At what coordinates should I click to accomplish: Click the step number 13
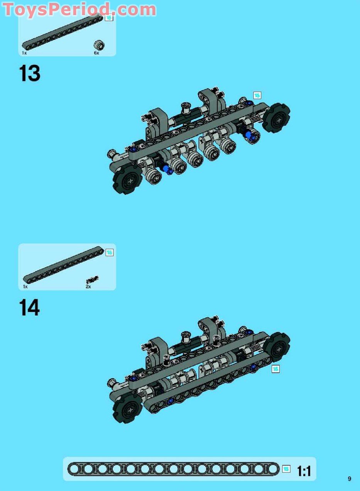[30, 73]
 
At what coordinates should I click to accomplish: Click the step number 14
[29, 308]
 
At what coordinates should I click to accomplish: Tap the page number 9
[349, 479]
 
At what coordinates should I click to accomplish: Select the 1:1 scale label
[304, 471]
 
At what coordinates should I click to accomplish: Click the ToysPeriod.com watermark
[79, 9]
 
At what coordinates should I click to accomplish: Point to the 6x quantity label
[96, 53]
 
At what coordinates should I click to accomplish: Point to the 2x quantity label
[88, 287]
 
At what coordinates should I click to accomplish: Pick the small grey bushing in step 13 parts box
[100, 45]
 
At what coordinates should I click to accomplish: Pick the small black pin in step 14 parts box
[93, 279]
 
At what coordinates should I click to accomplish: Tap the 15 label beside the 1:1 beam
[286, 469]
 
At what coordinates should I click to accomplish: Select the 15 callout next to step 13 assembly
[257, 95]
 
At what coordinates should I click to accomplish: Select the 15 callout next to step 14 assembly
[275, 369]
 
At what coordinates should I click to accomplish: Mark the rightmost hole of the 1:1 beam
[273, 469]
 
